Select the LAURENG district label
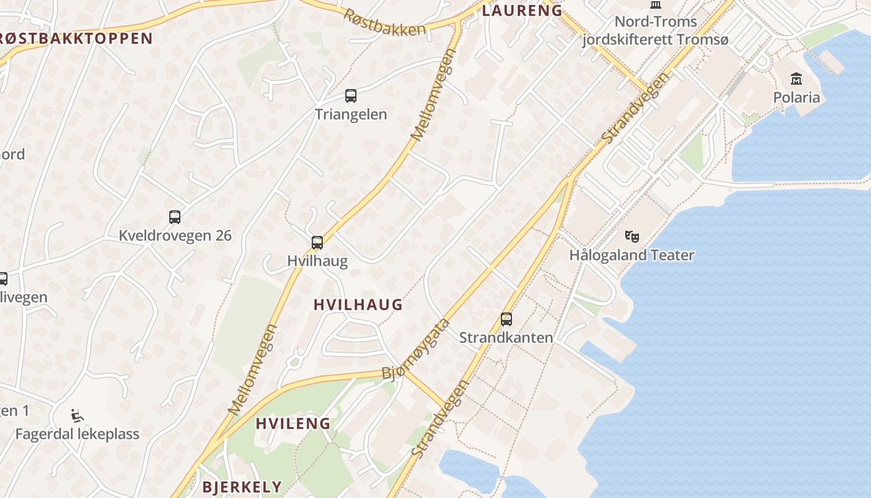pos(522,10)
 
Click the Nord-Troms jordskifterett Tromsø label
pos(654,31)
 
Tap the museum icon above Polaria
pos(796,78)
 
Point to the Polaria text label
pos(796,97)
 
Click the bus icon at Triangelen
pos(351,96)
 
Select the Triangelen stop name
pos(351,115)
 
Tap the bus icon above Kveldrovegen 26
pos(175,217)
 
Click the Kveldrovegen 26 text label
pos(175,235)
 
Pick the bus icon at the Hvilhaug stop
pos(317,243)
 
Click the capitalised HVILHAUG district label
pos(358,305)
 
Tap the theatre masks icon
pos(632,236)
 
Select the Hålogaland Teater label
pos(631,255)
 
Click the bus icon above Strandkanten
pos(506,319)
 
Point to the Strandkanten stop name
pos(506,337)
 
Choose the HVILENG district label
pos(293,423)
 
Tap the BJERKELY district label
pos(242,487)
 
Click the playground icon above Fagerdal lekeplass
pos(77,416)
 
